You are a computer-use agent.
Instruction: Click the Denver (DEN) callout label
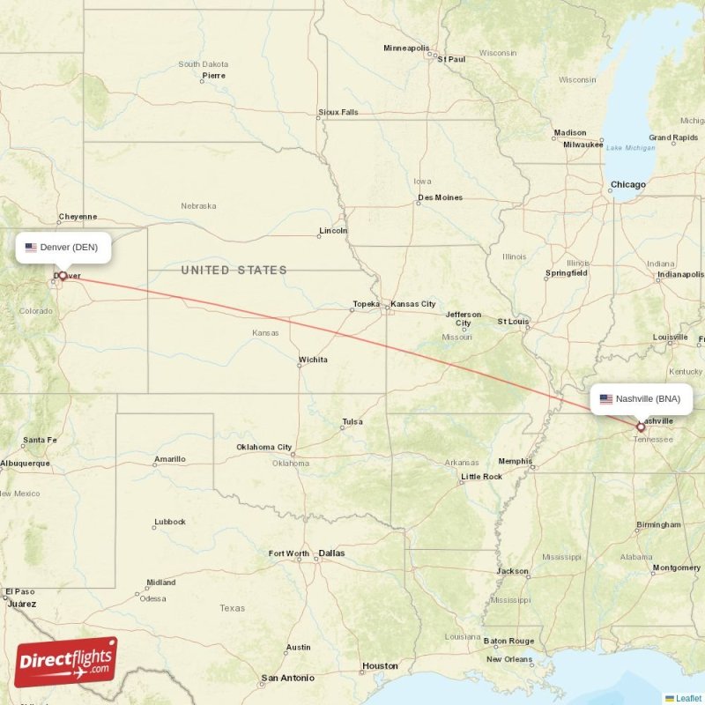pos(63,248)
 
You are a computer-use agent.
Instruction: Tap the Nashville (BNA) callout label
pos(642,399)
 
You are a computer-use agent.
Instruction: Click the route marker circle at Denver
pos(63,277)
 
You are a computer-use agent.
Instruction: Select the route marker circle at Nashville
pos(641,427)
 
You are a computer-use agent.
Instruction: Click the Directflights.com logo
pos(66,662)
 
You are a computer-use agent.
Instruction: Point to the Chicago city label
pos(628,185)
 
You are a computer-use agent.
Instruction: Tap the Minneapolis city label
pos(406,48)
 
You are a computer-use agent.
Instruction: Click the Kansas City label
pos(413,304)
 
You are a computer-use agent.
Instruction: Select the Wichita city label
pos(313,360)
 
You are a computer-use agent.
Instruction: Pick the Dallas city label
pos(332,553)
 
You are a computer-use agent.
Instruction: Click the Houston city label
pos(381,666)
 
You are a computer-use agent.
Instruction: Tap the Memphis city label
pos(515,461)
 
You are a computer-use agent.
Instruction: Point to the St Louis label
pos(513,322)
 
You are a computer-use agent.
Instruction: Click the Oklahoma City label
pos(263,447)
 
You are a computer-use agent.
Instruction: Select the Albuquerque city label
pos(25,463)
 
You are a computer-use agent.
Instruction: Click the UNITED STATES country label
pos(234,270)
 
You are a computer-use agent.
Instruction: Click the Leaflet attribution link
pos(688,698)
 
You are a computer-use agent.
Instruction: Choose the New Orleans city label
pos(508,659)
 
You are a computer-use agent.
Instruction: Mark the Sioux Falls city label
pos(338,112)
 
